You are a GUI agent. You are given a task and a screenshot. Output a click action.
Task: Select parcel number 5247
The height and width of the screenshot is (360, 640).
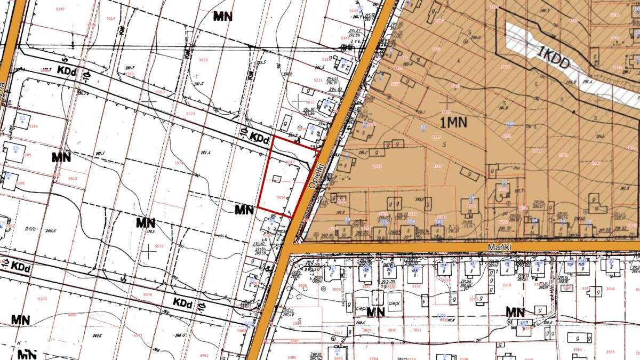click(60, 10)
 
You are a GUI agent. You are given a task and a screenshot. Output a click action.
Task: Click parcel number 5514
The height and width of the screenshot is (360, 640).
click(110, 19)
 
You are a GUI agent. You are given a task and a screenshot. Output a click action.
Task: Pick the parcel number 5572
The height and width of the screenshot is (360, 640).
click(203, 60)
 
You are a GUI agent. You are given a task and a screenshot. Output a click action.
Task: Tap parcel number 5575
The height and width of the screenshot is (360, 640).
click(159, 246)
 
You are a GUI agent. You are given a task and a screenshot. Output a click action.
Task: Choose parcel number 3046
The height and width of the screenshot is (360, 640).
click(610, 289)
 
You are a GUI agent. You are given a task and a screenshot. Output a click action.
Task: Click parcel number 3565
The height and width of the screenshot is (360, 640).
click(610, 351)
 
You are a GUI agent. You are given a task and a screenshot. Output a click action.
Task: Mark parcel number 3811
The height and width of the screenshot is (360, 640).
click(417, 330)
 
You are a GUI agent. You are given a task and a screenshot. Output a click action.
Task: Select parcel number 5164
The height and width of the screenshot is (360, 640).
click(34, 126)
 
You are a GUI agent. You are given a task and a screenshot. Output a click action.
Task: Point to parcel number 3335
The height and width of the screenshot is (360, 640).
click(416, 286)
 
